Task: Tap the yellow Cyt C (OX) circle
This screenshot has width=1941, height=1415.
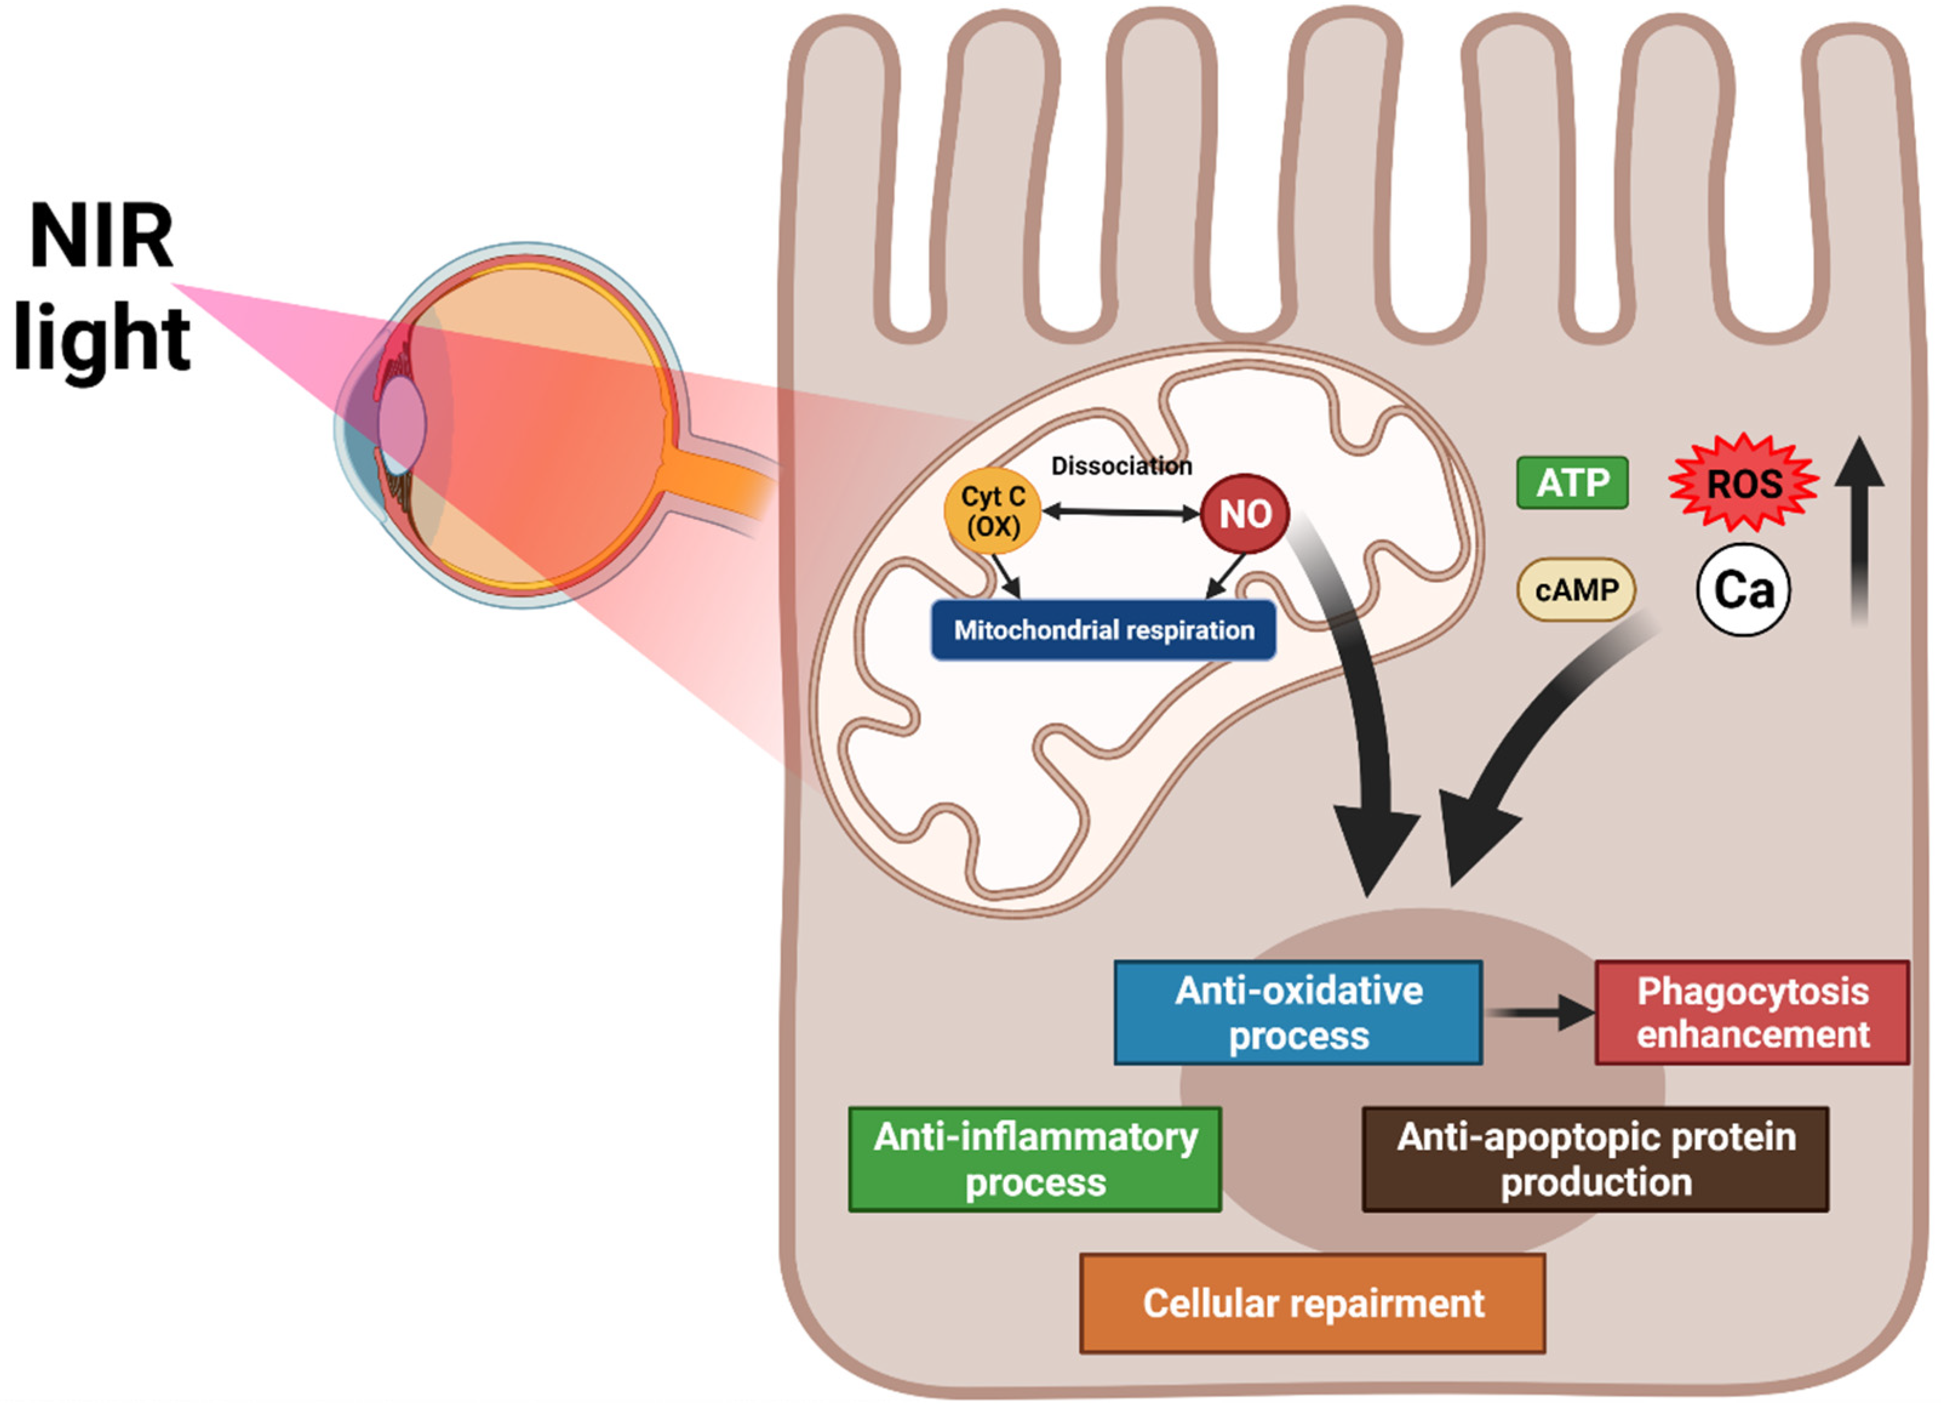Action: (x=992, y=511)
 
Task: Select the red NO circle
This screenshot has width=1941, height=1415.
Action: (x=1244, y=514)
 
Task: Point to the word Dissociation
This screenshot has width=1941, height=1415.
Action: (x=1121, y=466)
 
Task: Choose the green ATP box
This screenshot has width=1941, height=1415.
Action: (x=1572, y=483)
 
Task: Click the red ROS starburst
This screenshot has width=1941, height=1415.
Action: (x=1744, y=484)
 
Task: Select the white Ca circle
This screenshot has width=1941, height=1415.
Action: (x=1744, y=589)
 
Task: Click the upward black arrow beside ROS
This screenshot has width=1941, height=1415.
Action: (x=1859, y=531)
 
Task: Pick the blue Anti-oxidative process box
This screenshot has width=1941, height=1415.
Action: (x=1298, y=1013)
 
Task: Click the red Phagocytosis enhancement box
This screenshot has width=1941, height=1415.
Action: (x=1752, y=1013)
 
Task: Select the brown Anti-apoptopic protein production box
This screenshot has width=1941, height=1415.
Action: (x=1595, y=1159)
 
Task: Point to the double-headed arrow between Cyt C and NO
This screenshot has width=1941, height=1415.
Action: (x=1120, y=512)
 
